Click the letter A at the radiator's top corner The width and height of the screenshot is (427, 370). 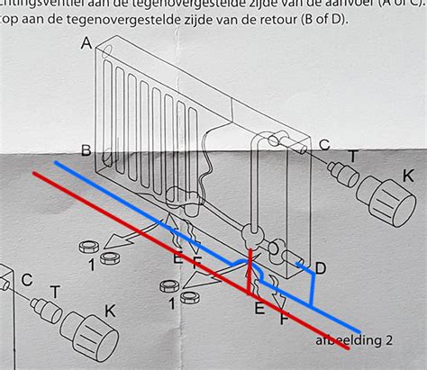pyautogui.click(x=86, y=43)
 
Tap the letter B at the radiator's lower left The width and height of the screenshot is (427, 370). pyautogui.click(x=86, y=149)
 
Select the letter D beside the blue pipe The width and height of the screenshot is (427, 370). pyautogui.click(x=320, y=267)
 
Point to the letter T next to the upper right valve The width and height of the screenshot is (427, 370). pyautogui.click(x=352, y=157)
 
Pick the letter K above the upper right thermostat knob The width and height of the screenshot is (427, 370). pyautogui.click(x=408, y=176)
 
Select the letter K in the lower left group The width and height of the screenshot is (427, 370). pyautogui.click(x=109, y=311)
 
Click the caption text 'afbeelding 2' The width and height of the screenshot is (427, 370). pyautogui.click(x=354, y=341)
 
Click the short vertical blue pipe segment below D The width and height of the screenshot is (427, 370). pyautogui.click(x=311, y=289)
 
